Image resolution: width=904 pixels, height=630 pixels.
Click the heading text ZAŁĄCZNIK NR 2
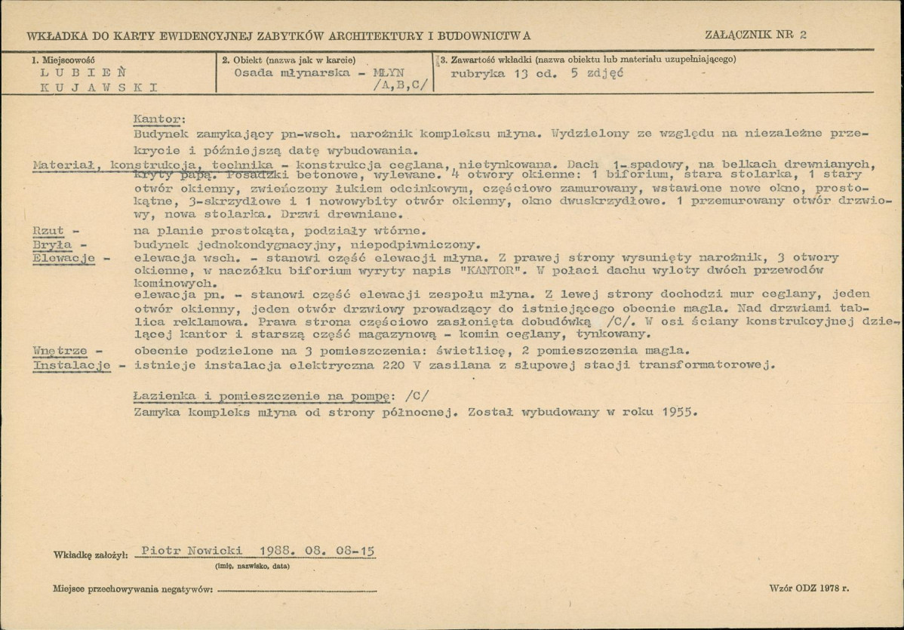(x=755, y=35)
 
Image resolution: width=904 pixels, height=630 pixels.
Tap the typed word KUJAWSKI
(x=99, y=87)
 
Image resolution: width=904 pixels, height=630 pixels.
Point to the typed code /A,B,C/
(x=398, y=86)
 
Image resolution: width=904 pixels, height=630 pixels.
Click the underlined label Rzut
(x=46, y=231)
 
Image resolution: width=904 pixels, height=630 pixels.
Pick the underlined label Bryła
(x=48, y=244)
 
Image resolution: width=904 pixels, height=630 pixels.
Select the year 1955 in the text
(x=677, y=413)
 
